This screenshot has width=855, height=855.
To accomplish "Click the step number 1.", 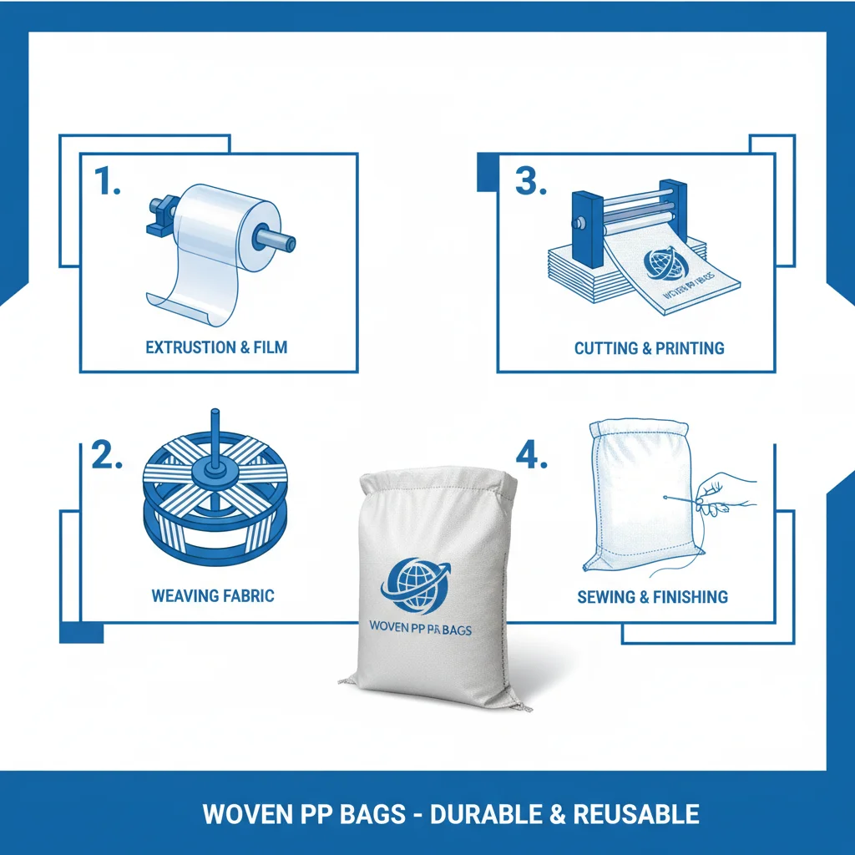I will tap(107, 181).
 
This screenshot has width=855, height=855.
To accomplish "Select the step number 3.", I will tap(530, 181).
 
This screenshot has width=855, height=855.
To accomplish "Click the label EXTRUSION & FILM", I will tap(216, 347).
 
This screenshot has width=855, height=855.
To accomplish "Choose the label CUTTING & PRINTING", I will tap(649, 347).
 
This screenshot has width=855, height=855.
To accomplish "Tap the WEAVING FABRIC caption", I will tap(213, 596).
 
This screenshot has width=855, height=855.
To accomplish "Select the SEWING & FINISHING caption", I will tap(652, 597).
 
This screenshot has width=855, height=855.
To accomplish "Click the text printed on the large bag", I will tap(419, 628).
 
